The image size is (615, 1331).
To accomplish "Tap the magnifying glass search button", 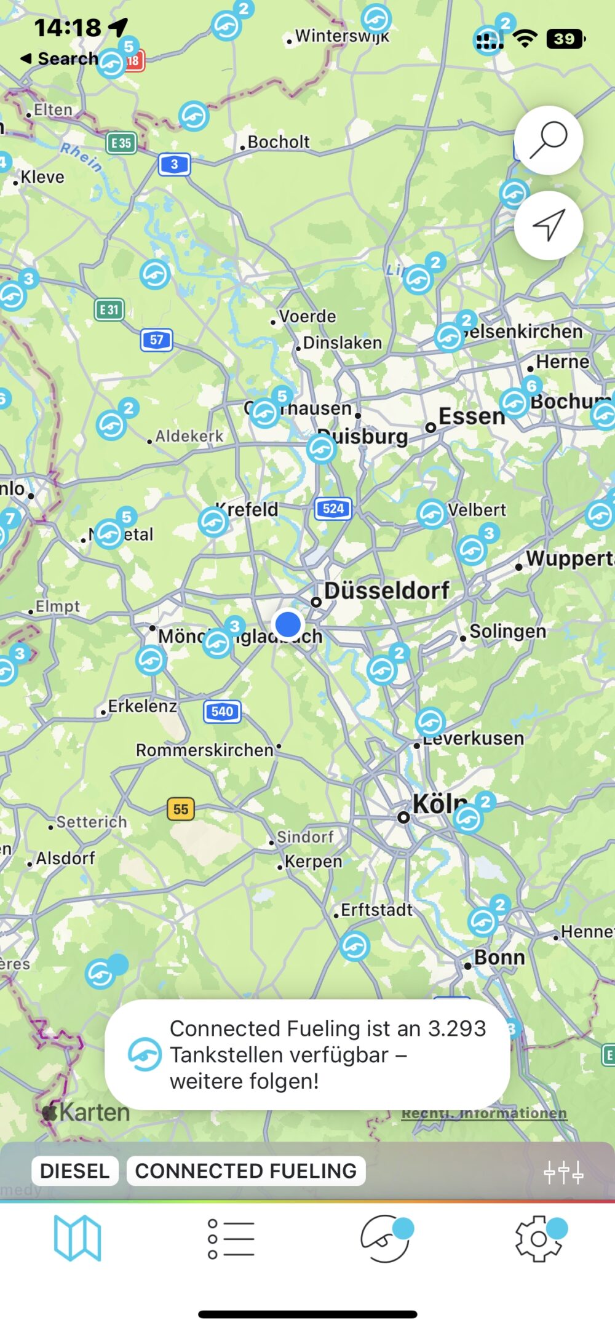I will tap(549, 140).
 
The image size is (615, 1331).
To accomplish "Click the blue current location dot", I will tap(288, 624).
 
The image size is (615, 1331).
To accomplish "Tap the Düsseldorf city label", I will tap(387, 590).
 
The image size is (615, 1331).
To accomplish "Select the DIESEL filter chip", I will tap(74, 1170).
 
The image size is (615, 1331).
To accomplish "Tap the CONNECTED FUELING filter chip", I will tap(246, 1170).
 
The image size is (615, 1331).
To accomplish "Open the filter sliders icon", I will tap(563, 1173).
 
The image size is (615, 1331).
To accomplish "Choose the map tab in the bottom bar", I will tap(77, 1238).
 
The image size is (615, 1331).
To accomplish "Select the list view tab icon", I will tap(231, 1238).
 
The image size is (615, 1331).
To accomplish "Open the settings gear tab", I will tap(539, 1238).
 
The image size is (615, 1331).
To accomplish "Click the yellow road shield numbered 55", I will tap(181, 809).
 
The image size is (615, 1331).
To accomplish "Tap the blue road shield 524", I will tap(333, 509).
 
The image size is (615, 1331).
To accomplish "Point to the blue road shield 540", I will tap(222, 712).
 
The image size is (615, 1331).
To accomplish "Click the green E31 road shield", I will tap(109, 309).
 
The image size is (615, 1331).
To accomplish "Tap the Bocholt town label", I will tap(278, 142).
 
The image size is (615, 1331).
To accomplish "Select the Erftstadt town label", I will tap(376, 910).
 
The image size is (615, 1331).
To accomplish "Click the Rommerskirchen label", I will tap(205, 750).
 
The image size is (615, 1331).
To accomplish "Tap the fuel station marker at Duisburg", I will tap(321, 448).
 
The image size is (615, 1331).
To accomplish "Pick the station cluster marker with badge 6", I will tap(515, 403).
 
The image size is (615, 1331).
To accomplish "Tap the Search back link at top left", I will tap(60, 58).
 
